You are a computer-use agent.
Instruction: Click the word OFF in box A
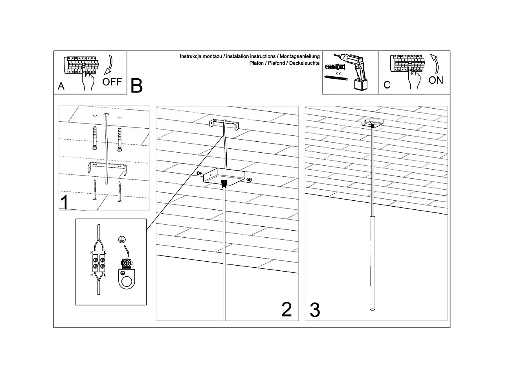pyautogui.click(x=112, y=82)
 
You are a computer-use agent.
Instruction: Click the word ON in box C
pyautogui.click(x=436, y=80)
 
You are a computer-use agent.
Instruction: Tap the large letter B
pyautogui.click(x=136, y=86)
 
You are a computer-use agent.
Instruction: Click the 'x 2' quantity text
pyautogui.click(x=338, y=73)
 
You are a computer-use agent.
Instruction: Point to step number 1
pyautogui.click(x=64, y=203)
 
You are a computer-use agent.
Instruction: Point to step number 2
pyautogui.click(x=286, y=310)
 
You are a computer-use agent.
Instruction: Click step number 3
pyautogui.click(x=315, y=310)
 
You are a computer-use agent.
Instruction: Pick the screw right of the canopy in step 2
pyautogui.click(x=249, y=180)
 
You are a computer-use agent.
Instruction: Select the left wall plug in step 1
pyautogui.click(x=95, y=138)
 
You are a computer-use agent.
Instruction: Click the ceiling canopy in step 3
pyautogui.click(x=372, y=122)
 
